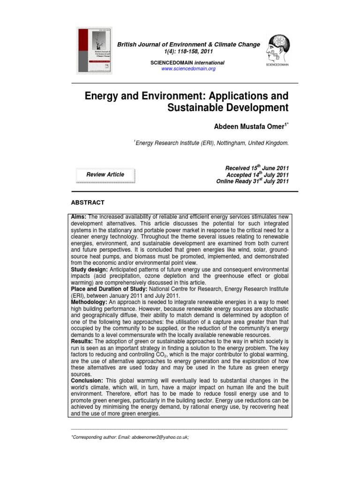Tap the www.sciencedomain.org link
(188, 69)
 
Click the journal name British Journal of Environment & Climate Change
(188, 45)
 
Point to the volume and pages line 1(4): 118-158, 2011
(188, 51)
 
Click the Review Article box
(105, 175)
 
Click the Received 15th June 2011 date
(257, 168)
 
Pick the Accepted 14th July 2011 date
(257, 175)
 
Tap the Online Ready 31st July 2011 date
(252, 182)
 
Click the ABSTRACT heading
(87, 202)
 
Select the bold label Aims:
(78, 217)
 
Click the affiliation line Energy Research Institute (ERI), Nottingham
(211, 143)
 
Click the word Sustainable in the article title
(199, 108)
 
